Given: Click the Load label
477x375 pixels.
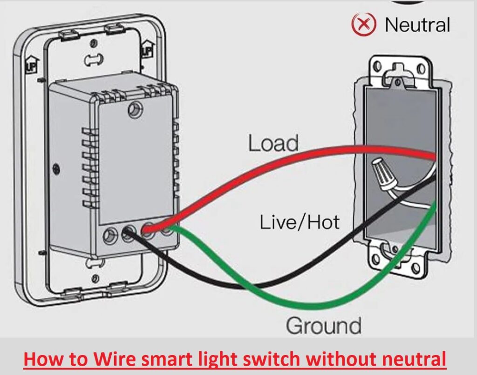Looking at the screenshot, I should tap(273, 143).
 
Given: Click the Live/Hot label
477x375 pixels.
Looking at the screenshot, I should tap(300, 222).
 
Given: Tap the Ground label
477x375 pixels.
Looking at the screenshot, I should tap(323, 326).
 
